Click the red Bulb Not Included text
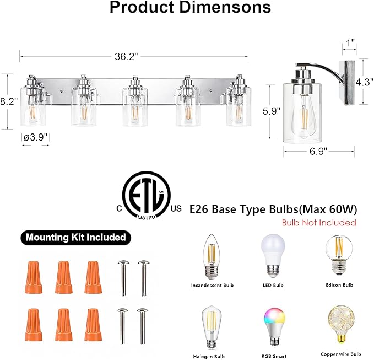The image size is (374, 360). point(318,223)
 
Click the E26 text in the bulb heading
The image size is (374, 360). point(199,209)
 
